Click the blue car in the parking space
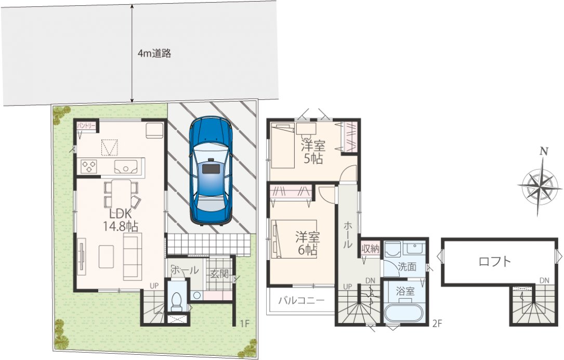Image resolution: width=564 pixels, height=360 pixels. pos(211,171)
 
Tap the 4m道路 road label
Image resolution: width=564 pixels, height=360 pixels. pos(154,54)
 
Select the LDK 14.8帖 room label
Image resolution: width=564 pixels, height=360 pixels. pos(120,220)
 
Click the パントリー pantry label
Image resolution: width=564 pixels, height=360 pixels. pos(86,126)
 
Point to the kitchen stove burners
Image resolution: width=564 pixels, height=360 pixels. pos(89,166)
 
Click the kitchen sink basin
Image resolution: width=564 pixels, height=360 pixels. pos(126,167)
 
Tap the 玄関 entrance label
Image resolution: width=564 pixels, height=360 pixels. pos(219,274)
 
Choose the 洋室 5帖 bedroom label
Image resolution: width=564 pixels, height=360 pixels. pos(313,152)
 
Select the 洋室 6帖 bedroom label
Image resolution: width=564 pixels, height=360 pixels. pos(308,243)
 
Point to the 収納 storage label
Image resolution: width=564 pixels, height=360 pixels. pos(370,248)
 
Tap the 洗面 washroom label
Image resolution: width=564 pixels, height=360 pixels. pos(407,267)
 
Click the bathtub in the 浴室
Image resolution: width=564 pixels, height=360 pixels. pos(402,313)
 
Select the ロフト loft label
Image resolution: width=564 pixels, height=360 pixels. pos(495,261)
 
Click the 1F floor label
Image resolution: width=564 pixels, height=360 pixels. pos(245,324)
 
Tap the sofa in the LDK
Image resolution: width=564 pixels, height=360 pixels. pos(133,256)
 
